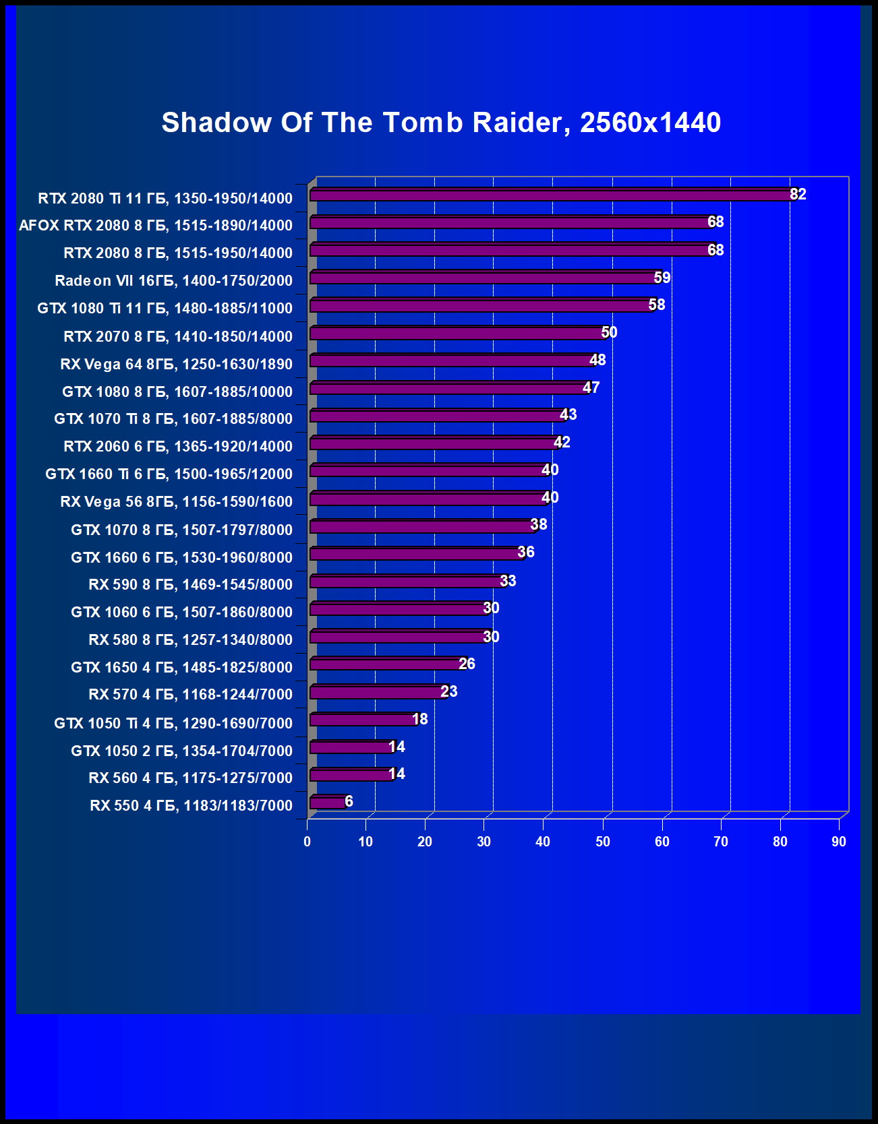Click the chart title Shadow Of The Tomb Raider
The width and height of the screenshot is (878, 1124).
(441, 123)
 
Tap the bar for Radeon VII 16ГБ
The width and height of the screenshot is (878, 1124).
(481, 278)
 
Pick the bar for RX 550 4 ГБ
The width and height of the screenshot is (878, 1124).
(328, 802)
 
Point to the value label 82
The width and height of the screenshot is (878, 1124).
(798, 194)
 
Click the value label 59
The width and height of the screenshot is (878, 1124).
(662, 278)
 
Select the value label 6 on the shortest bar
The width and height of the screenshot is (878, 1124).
(349, 801)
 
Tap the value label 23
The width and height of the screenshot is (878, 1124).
(448, 691)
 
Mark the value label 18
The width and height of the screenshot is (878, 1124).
(419, 719)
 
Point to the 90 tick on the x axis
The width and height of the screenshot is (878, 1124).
(838, 841)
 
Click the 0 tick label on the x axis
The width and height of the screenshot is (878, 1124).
(308, 841)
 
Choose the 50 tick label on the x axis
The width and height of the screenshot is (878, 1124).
(602, 841)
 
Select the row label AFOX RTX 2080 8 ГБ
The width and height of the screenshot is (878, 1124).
(156, 226)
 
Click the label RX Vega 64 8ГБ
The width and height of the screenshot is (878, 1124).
(176, 364)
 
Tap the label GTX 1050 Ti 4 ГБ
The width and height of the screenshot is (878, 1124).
(173, 723)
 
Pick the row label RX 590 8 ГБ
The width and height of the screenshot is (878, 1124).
(190, 584)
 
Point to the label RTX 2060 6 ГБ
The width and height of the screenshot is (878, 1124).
(178, 446)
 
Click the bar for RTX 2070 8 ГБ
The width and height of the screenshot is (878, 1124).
(458, 333)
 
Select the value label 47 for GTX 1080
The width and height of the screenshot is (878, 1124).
(591, 387)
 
